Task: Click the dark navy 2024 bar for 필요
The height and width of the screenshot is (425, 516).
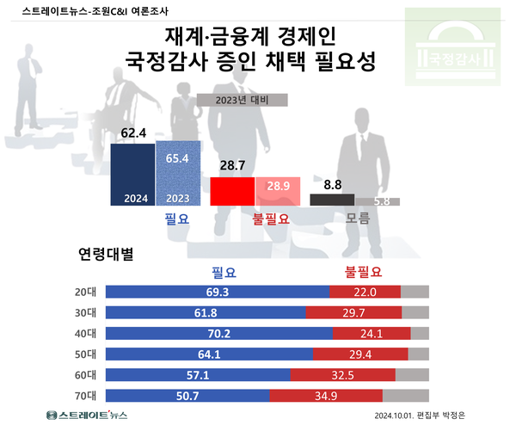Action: tap(132, 175)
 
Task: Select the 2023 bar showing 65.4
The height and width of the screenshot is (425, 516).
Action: tap(177, 175)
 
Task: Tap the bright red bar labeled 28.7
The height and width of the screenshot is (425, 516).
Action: tap(232, 191)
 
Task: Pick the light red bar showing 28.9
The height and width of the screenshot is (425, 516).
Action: tap(277, 191)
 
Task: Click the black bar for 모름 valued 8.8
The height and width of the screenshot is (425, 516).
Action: tap(330, 200)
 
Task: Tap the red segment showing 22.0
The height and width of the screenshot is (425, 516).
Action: tap(365, 292)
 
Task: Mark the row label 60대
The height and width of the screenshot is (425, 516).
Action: tap(86, 374)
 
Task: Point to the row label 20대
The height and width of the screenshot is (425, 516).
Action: tap(86, 292)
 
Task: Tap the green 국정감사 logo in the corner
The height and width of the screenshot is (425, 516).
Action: tap(456, 49)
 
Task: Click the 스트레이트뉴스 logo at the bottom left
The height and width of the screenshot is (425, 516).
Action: tap(86, 416)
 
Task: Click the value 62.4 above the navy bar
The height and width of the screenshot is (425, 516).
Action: tap(133, 133)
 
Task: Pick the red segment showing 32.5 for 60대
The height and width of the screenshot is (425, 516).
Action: tap(342, 374)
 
